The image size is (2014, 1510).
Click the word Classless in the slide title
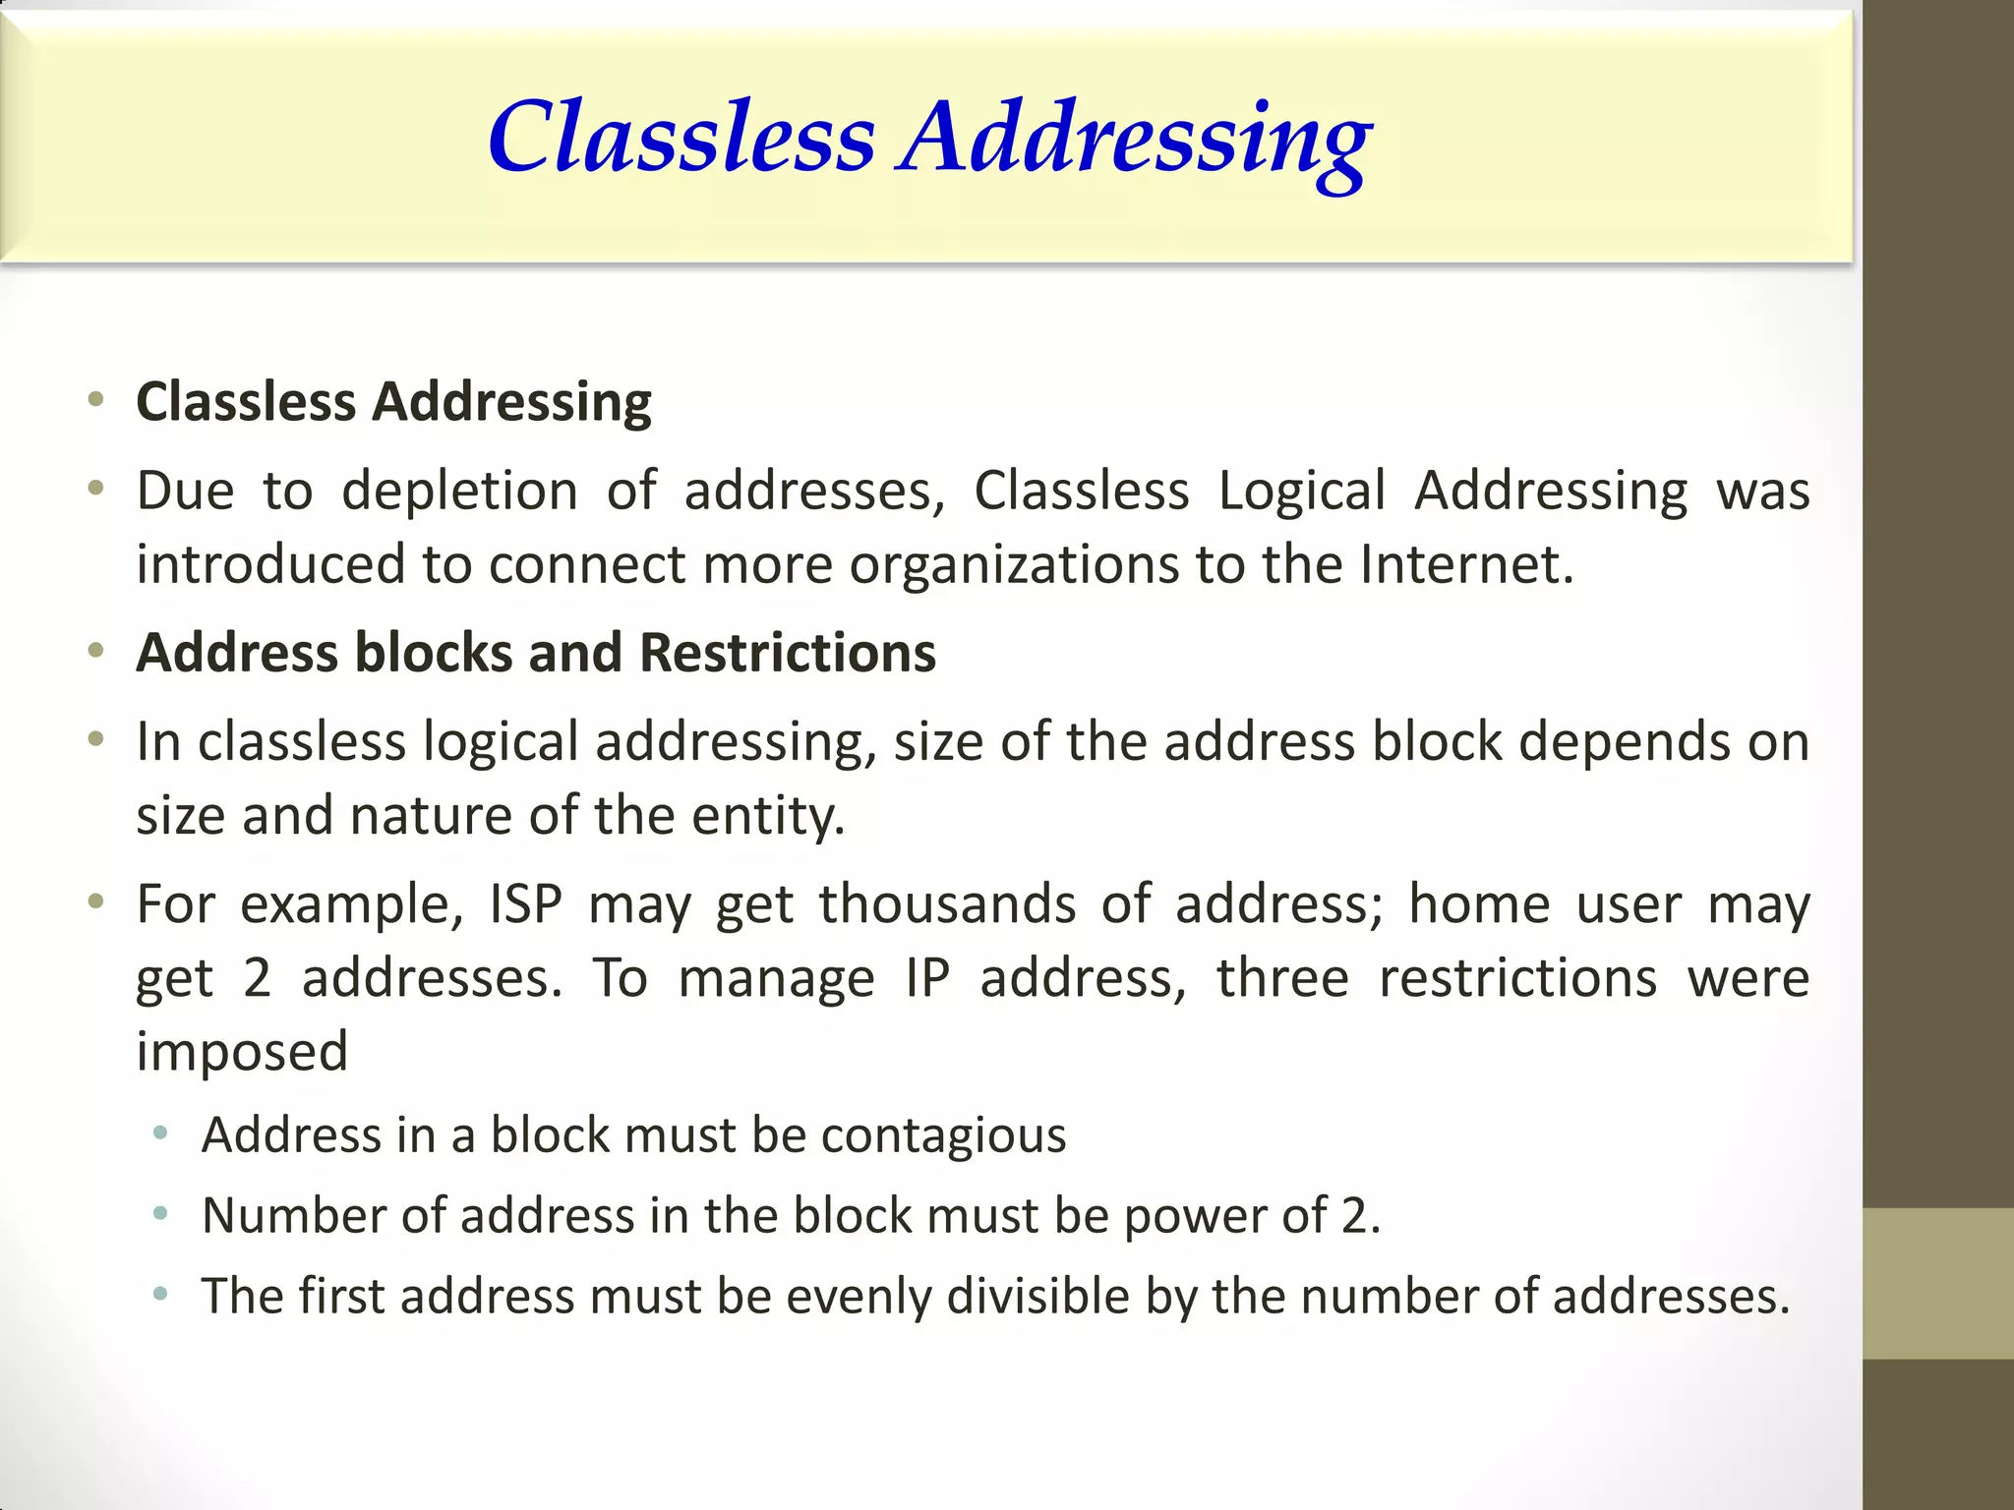click(681, 138)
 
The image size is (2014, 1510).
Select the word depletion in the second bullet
click(459, 491)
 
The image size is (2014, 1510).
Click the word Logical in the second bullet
click(1302, 491)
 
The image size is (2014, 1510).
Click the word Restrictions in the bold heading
click(788, 653)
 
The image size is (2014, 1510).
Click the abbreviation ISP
click(526, 904)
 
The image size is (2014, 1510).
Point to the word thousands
click(947, 904)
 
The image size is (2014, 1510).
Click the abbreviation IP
click(927, 978)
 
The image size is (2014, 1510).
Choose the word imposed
click(242, 1052)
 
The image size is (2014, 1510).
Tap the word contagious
click(943, 1136)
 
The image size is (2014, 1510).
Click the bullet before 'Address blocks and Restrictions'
click(95, 651)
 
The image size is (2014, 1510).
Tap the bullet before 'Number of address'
click(161, 1215)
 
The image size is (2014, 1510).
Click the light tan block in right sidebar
click(1938, 1283)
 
